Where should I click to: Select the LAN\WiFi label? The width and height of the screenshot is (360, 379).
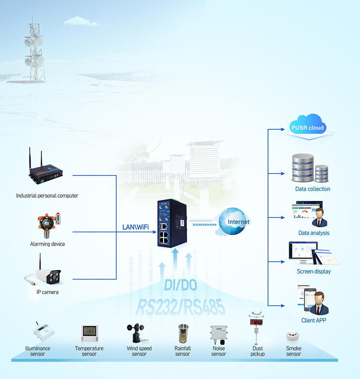click(136, 227)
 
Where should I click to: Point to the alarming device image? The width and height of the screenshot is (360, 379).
click(48, 225)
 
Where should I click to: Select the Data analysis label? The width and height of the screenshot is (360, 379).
click(314, 233)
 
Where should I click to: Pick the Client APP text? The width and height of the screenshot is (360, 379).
click(314, 320)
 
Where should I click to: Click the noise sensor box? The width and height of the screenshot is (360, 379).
click(219, 334)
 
